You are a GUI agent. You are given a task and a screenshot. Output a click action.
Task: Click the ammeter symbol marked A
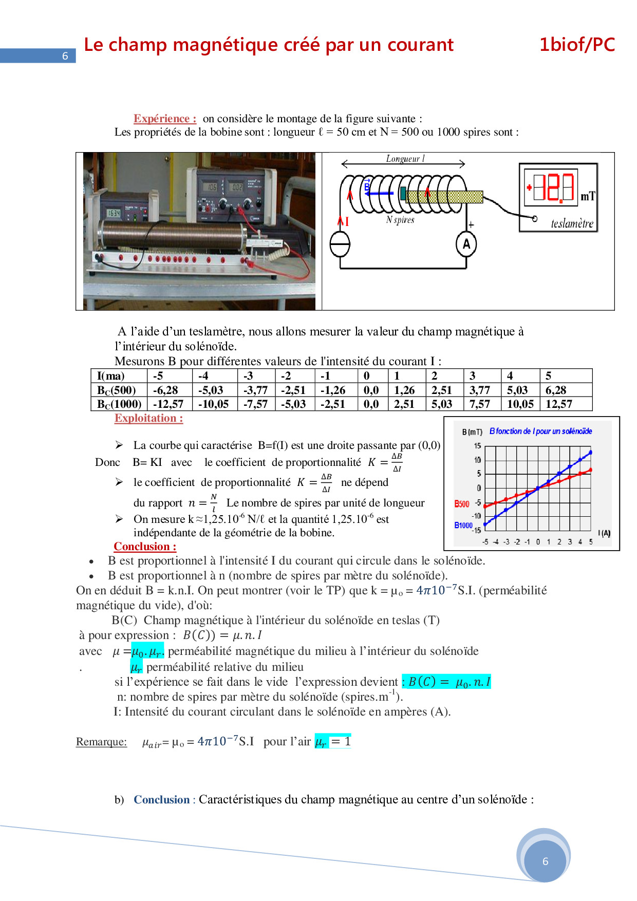pyautogui.click(x=466, y=244)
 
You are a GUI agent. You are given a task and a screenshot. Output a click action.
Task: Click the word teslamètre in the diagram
pyautogui.click(x=572, y=223)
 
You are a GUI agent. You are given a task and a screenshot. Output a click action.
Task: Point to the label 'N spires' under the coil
pyautogui.click(x=400, y=220)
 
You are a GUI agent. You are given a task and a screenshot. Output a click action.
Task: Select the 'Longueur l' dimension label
pyautogui.click(x=405, y=159)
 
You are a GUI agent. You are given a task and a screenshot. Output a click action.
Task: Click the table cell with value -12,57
pyautogui.click(x=169, y=404)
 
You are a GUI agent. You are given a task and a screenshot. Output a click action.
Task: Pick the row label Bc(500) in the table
pyautogui.click(x=117, y=390)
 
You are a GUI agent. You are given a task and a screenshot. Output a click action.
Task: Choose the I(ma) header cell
pyautogui.click(x=111, y=376)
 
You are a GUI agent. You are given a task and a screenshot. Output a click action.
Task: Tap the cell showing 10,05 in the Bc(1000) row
pyautogui.click(x=520, y=404)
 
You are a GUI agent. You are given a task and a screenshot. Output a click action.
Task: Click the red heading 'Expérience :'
pyautogui.click(x=165, y=119)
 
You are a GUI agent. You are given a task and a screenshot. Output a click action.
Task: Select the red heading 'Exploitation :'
pyautogui.click(x=148, y=418)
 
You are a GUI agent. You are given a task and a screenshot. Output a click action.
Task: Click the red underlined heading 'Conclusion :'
pyautogui.click(x=145, y=547)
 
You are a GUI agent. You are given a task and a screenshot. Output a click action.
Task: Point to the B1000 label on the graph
pyautogui.click(x=463, y=525)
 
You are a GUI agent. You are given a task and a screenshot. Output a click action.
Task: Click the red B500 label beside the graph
pyautogui.click(x=461, y=504)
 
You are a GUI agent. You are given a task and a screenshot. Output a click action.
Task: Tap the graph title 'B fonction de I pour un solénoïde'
pyautogui.click(x=540, y=431)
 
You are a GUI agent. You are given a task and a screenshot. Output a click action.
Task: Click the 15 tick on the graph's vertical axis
pyautogui.click(x=477, y=446)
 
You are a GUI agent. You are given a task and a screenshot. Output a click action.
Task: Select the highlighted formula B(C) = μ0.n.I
pyautogui.click(x=446, y=682)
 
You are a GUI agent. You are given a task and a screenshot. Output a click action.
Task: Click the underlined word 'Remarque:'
pyautogui.click(x=101, y=742)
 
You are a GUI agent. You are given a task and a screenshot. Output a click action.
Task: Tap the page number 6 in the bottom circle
pyautogui.click(x=545, y=861)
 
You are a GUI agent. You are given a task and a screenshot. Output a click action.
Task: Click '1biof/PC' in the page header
pyautogui.click(x=577, y=45)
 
